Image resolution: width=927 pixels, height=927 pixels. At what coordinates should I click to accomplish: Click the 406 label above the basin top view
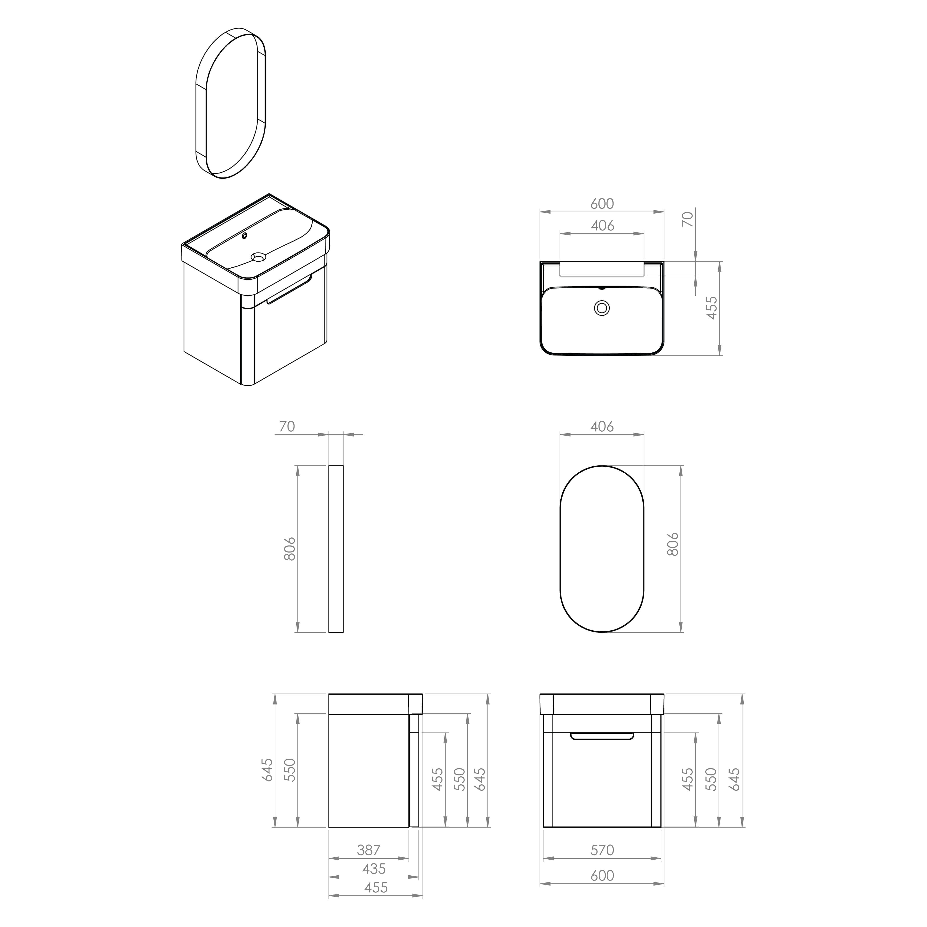(x=602, y=226)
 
